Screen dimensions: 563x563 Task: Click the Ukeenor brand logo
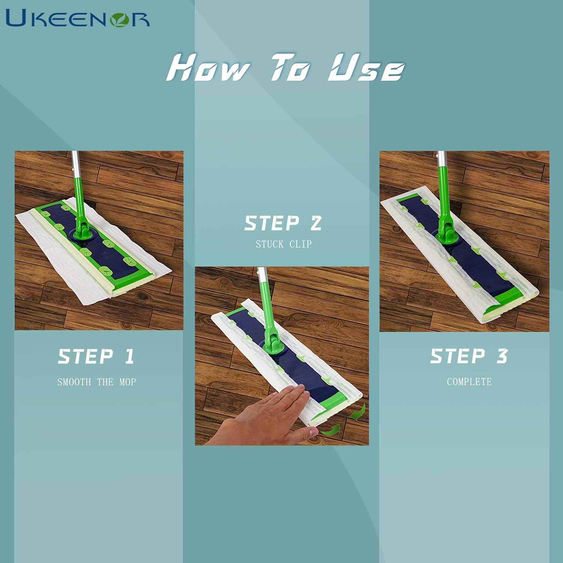[78, 18]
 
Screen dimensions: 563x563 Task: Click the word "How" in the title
[208, 68]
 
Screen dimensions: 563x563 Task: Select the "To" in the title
[291, 68]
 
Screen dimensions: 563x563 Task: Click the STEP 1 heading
[96, 356]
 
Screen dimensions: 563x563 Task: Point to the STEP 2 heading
[283, 223]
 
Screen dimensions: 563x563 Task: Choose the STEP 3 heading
[469, 356]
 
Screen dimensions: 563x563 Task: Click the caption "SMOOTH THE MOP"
[96, 382]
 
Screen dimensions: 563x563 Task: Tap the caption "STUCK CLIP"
[284, 244]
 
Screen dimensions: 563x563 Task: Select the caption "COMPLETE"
[469, 382]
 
